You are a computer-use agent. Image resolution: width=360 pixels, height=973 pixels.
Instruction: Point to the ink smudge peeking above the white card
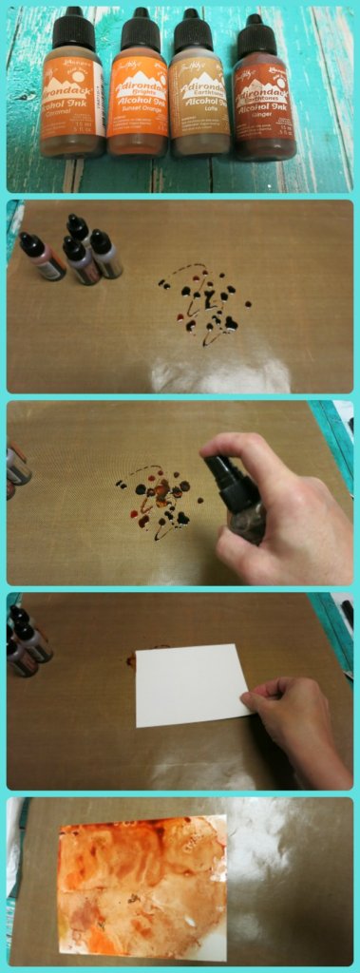coord(131,658)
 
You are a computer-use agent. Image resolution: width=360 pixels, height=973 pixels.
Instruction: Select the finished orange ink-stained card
coord(142,886)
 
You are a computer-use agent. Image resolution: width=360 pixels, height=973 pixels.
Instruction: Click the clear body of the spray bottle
coord(248,518)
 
